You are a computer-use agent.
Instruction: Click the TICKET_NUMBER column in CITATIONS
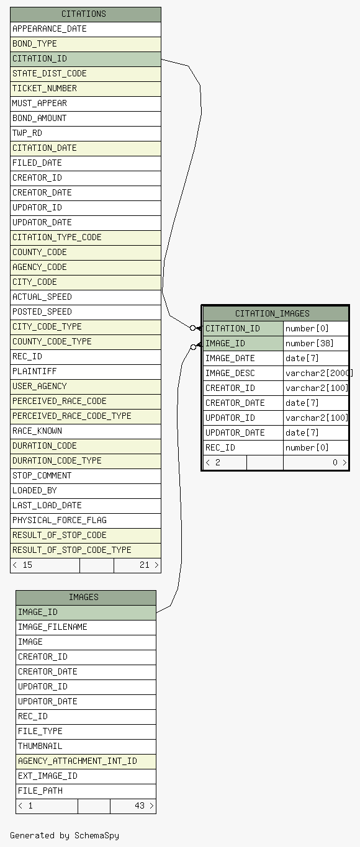(86, 89)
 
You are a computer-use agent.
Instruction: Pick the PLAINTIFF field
(86, 372)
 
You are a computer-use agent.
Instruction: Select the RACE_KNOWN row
(86, 431)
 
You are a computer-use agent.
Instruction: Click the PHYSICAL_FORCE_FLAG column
(86, 521)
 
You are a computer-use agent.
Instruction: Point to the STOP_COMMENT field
(86, 476)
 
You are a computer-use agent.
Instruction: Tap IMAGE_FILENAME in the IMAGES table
(86, 627)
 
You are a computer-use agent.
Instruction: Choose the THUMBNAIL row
(86, 746)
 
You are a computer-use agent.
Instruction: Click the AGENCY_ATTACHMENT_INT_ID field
(86, 761)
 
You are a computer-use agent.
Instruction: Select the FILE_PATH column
(86, 791)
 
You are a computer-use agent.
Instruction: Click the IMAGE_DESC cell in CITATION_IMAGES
(243, 373)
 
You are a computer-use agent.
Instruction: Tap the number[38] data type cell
(316, 343)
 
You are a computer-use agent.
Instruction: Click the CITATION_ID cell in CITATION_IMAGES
(243, 329)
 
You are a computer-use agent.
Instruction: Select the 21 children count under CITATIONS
(145, 565)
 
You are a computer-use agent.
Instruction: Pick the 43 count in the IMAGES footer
(140, 806)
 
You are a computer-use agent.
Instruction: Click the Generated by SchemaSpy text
(65, 836)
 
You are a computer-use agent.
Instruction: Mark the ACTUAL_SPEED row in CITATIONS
(86, 297)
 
